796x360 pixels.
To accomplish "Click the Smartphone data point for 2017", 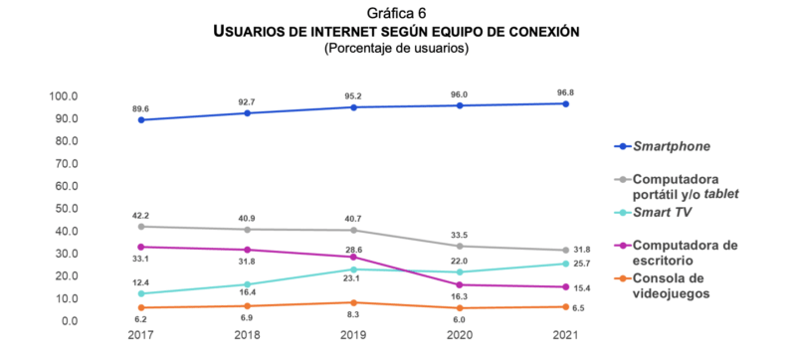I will [x=141, y=120].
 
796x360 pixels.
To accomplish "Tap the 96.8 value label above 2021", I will [x=565, y=91].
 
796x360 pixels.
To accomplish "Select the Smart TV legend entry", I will [x=663, y=213].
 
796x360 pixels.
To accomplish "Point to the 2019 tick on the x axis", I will [x=353, y=338].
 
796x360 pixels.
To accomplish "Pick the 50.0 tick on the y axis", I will [x=64, y=209].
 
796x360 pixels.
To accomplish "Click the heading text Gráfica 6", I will [x=397, y=13].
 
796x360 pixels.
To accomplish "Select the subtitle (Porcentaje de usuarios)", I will [x=397, y=48].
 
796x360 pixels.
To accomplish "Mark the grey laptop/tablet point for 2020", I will [x=460, y=246].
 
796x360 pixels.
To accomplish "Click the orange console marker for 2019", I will [x=353, y=302].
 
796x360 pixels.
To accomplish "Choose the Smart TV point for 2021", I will [x=565, y=264].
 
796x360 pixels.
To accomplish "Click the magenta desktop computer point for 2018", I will [x=247, y=250].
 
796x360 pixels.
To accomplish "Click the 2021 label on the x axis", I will [x=565, y=338].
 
